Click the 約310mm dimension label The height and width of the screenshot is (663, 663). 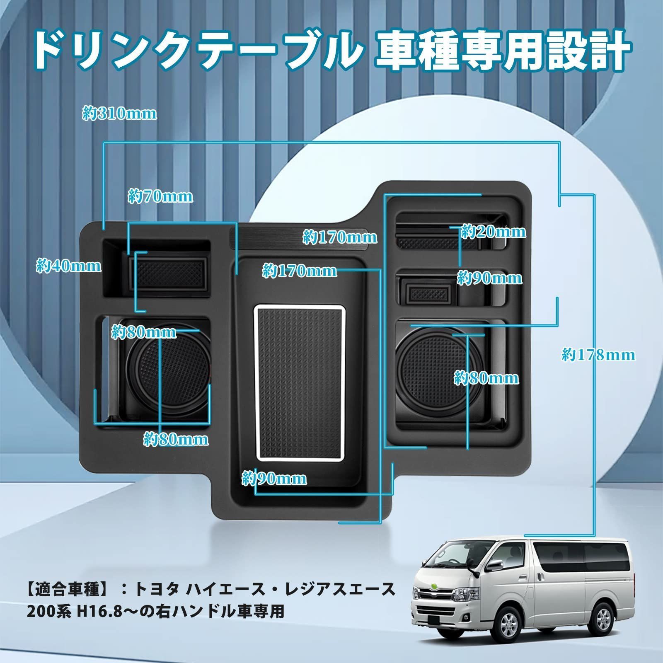coord(120,114)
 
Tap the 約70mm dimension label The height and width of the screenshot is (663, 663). coord(160,196)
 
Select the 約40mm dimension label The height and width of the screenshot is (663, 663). coord(69,266)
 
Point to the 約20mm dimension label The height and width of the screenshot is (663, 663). coord(493,232)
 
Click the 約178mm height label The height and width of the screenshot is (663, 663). coord(598,355)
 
